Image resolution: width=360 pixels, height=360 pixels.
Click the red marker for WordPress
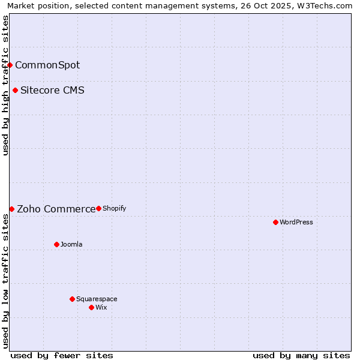275,222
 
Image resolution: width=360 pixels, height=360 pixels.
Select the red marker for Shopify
98,208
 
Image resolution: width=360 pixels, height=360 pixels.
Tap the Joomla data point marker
56,244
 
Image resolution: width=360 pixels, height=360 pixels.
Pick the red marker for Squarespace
72,299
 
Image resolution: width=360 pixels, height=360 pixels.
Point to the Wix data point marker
91,307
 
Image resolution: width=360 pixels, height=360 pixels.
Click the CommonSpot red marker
10,65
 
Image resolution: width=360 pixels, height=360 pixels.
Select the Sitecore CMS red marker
15,91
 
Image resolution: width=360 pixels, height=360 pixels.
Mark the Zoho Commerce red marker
11,209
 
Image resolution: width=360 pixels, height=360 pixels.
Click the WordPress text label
296,222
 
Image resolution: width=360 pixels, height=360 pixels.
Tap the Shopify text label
114,208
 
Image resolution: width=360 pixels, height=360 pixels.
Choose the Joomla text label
71,244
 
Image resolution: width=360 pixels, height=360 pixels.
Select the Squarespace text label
97,299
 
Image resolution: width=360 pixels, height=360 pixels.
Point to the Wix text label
101,307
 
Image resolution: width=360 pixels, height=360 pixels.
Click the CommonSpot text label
47,65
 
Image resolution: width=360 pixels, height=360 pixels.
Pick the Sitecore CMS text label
52,91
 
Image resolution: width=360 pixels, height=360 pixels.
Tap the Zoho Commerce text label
56,209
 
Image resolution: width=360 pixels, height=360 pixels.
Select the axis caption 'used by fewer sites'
62,355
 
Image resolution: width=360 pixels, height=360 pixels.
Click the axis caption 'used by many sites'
301,355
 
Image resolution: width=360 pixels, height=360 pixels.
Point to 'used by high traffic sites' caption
5,85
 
